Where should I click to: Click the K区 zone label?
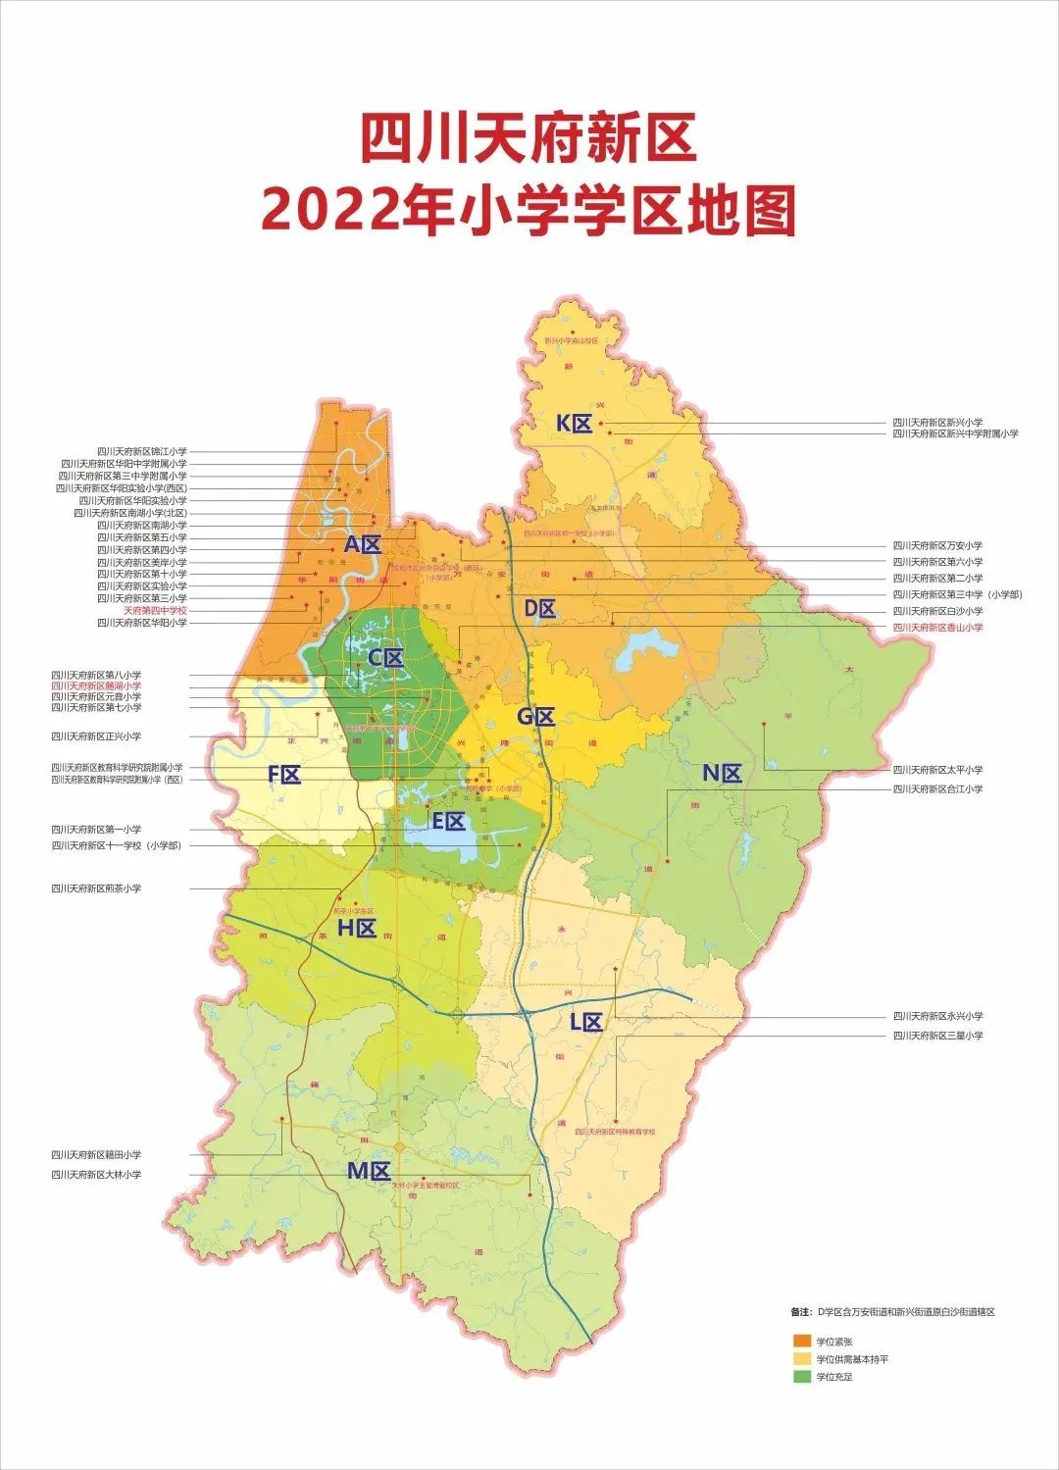(x=575, y=424)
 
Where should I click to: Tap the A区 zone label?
(x=362, y=545)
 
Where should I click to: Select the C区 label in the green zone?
(x=385, y=658)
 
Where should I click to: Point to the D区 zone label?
(x=539, y=609)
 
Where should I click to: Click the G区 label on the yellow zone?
(x=535, y=717)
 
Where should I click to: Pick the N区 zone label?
(x=722, y=774)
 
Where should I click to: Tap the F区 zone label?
(x=284, y=775)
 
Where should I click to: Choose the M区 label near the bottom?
(x=369, y=1171)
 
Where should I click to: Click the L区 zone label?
(x=586, y=1023)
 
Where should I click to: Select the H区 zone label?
(x=357, y=929)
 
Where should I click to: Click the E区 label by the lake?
(x=449, y=822)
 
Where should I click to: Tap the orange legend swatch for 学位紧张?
(x=802, y=1341)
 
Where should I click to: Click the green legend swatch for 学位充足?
(x=802, y=1377)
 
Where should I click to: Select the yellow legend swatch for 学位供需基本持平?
(x=802, y=1359)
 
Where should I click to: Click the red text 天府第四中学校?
(x=154, y=611)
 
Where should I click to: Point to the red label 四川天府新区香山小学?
(x=936, y=628)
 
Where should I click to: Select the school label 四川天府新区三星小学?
(x=936, y=1036)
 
